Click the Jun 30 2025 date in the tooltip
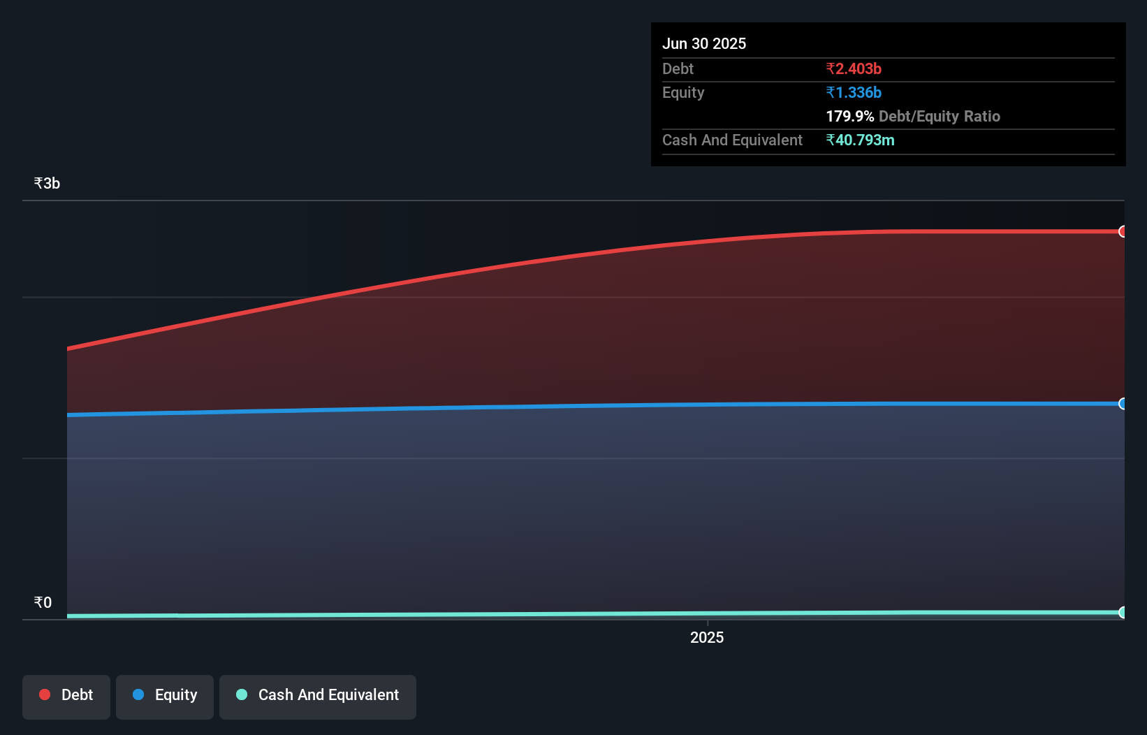click(x=704, y=43)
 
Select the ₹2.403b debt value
click(x=854, y=68)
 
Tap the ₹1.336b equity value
click(x=854, y=92)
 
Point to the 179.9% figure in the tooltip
click(x=849, y=116)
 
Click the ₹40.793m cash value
click(x=860, y=140)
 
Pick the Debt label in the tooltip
click(x=678, y=68)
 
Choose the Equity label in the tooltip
click(x=683, y=92)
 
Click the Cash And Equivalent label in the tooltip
click(x=732, y=140)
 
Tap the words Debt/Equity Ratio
click(x=940, y=116)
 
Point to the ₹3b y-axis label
click(x=47, y=183)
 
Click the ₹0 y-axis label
click(x=43, y=602)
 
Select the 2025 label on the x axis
click(x=707, y=637)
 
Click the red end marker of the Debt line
click(x=1123, y=231)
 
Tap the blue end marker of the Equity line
click(x=1123, y=404)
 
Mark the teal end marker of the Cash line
click(x=1123, y=613)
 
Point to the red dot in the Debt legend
click(x=45, y=694)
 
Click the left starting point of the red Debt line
click(x=68, y=348)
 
